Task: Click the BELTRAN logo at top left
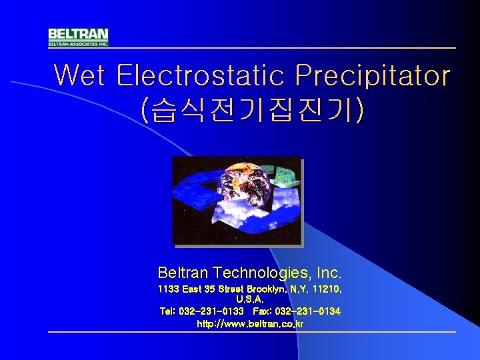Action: click(x=78, y=37)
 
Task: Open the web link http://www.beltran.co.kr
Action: click(x=251, y=324)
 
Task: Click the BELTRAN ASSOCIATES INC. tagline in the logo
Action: click(x=78, y=43)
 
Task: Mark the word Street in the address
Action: click(x=229, y=289)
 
